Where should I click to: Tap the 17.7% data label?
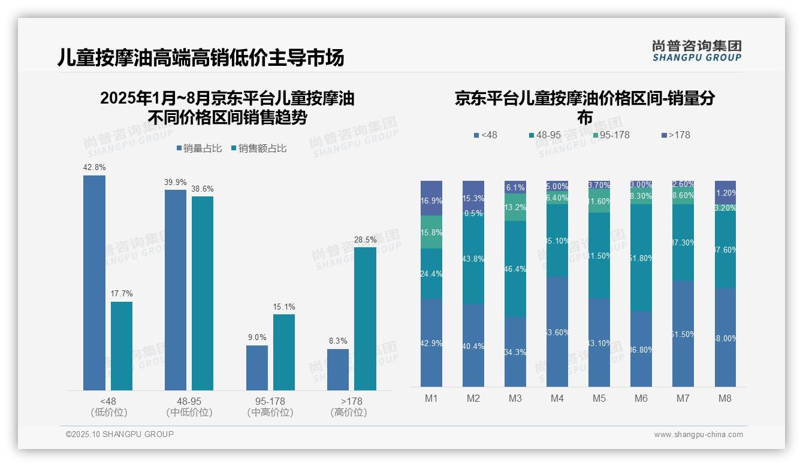pos(122,294)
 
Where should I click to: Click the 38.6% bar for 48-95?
pos(203,293)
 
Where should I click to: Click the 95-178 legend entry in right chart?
pos(611,135)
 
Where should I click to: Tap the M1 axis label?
pos(431,398)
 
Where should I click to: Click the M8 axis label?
pos(725,398)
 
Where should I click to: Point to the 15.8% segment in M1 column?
pos(431,232)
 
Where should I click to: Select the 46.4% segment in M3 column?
pos(515,269)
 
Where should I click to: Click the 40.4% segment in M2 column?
pos(473,345)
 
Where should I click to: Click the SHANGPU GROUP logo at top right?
pos(696,50)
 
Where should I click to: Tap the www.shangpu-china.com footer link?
pos(698,435)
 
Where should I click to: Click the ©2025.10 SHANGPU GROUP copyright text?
pos(120,434)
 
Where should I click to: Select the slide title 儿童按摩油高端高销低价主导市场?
pos(201,58)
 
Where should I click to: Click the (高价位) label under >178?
pos(348,413)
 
